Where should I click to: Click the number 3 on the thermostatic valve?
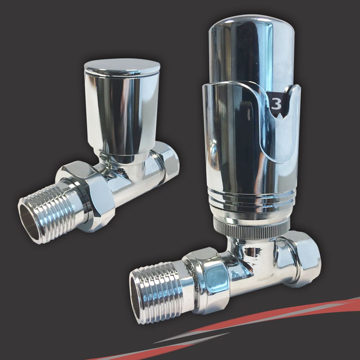coord(276,104)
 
